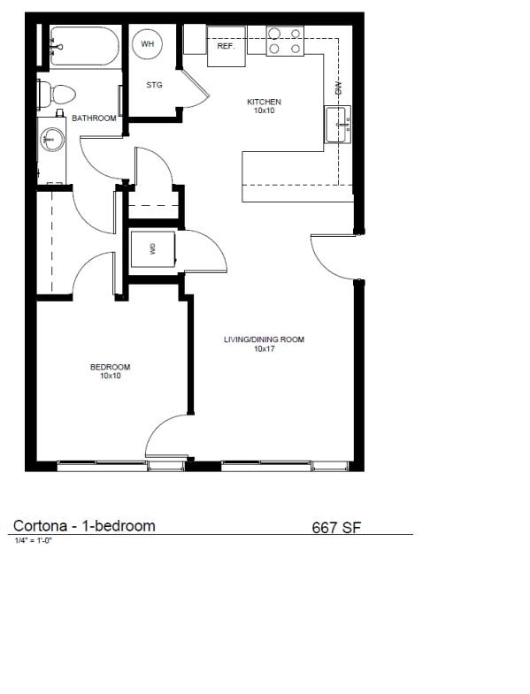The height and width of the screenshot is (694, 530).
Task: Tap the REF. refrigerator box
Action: [226, 46]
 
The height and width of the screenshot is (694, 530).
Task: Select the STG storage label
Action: [154, 85]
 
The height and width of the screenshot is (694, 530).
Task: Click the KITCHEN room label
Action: [264, 103]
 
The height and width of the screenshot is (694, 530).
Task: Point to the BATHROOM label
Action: [94, 118]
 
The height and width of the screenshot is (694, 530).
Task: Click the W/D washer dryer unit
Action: [152, 248]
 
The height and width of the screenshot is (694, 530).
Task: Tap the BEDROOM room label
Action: [110, 368]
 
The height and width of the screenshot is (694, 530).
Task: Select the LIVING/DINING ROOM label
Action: [264, 339]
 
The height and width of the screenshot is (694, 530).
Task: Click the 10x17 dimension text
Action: [264, 349]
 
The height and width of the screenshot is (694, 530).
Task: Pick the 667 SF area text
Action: [336, 528]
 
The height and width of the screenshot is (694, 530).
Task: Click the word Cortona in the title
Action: [42, 526]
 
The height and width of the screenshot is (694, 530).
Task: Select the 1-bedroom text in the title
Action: [119, 526]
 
